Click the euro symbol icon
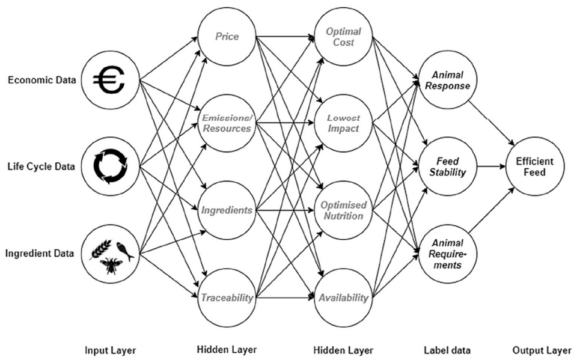pyautogui.click(x=109, y=80)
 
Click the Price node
pyautogui.click(x=227, y=37)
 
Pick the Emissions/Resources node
pyautogui.click(x=227, y=123)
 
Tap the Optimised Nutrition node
pyautogui.click(x=343, y=210)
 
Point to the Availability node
pyautogui.click(x=343, y=297)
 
